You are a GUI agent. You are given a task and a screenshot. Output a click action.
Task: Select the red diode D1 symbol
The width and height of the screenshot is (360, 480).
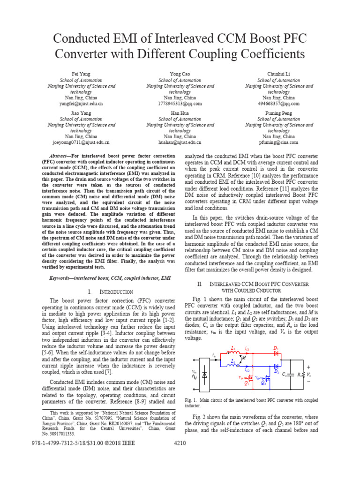coord(277,352)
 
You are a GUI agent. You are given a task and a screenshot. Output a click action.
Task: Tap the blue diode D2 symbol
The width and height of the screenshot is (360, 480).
coord(277,365)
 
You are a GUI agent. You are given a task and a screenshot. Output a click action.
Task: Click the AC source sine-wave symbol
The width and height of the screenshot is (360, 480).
coord(195,376)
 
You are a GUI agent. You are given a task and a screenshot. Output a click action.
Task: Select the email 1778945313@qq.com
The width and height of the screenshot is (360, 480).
coord(180,104)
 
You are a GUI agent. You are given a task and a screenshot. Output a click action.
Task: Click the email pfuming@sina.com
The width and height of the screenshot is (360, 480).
coord(279,142)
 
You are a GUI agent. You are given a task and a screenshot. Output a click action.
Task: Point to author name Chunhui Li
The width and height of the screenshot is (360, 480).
coord(279,74)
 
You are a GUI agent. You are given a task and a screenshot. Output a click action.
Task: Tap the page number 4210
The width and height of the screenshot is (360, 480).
coord(180,443)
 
